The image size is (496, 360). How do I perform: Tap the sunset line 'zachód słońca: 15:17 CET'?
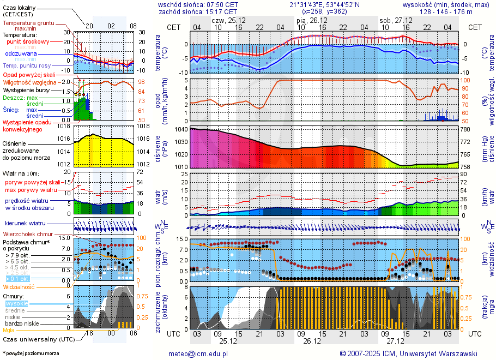(198, 11)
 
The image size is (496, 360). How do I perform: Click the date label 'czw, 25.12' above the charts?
(232, 20)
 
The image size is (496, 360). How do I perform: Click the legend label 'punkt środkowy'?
(28, 41)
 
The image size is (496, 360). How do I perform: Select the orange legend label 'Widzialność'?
(19, 286)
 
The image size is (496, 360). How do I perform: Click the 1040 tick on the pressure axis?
(181, 130)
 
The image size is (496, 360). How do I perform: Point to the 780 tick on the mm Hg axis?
(465, 130)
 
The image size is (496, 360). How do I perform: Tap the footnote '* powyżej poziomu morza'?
(31, 353)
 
